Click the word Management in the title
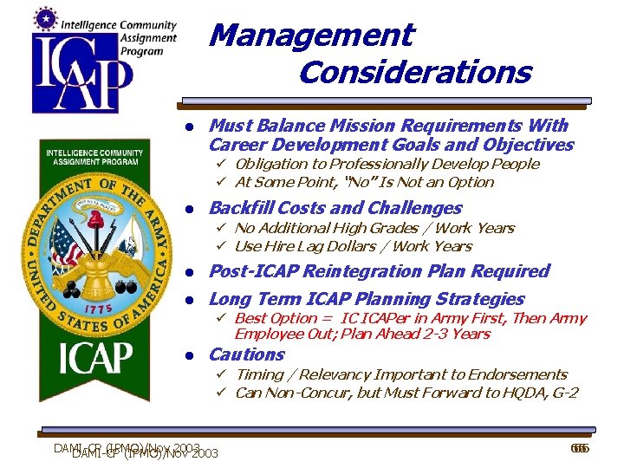(311, 36)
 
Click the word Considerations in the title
(414, 72)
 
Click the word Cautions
(246, 354)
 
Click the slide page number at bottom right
(578, 448)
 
